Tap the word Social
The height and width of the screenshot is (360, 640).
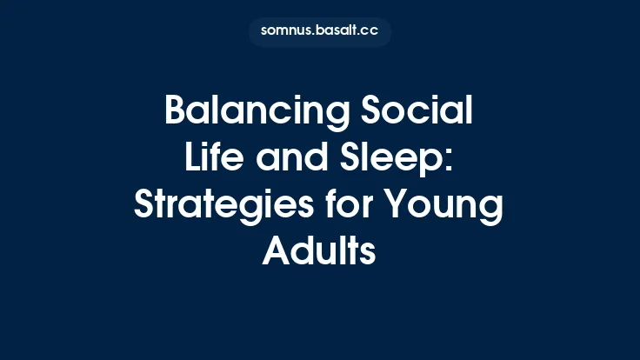(x=417, y=113)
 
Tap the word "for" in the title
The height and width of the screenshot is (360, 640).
(x=352, y=207)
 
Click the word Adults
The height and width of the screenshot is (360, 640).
(x=319, y=252)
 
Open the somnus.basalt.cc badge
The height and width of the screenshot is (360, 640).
(x=320, y=31)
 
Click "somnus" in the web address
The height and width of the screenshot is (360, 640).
(x=285, y=31)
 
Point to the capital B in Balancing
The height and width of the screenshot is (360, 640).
(x=177, y=113)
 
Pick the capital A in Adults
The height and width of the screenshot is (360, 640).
(x=276, y=252)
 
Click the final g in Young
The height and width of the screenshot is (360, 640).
(x=493, y=211)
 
